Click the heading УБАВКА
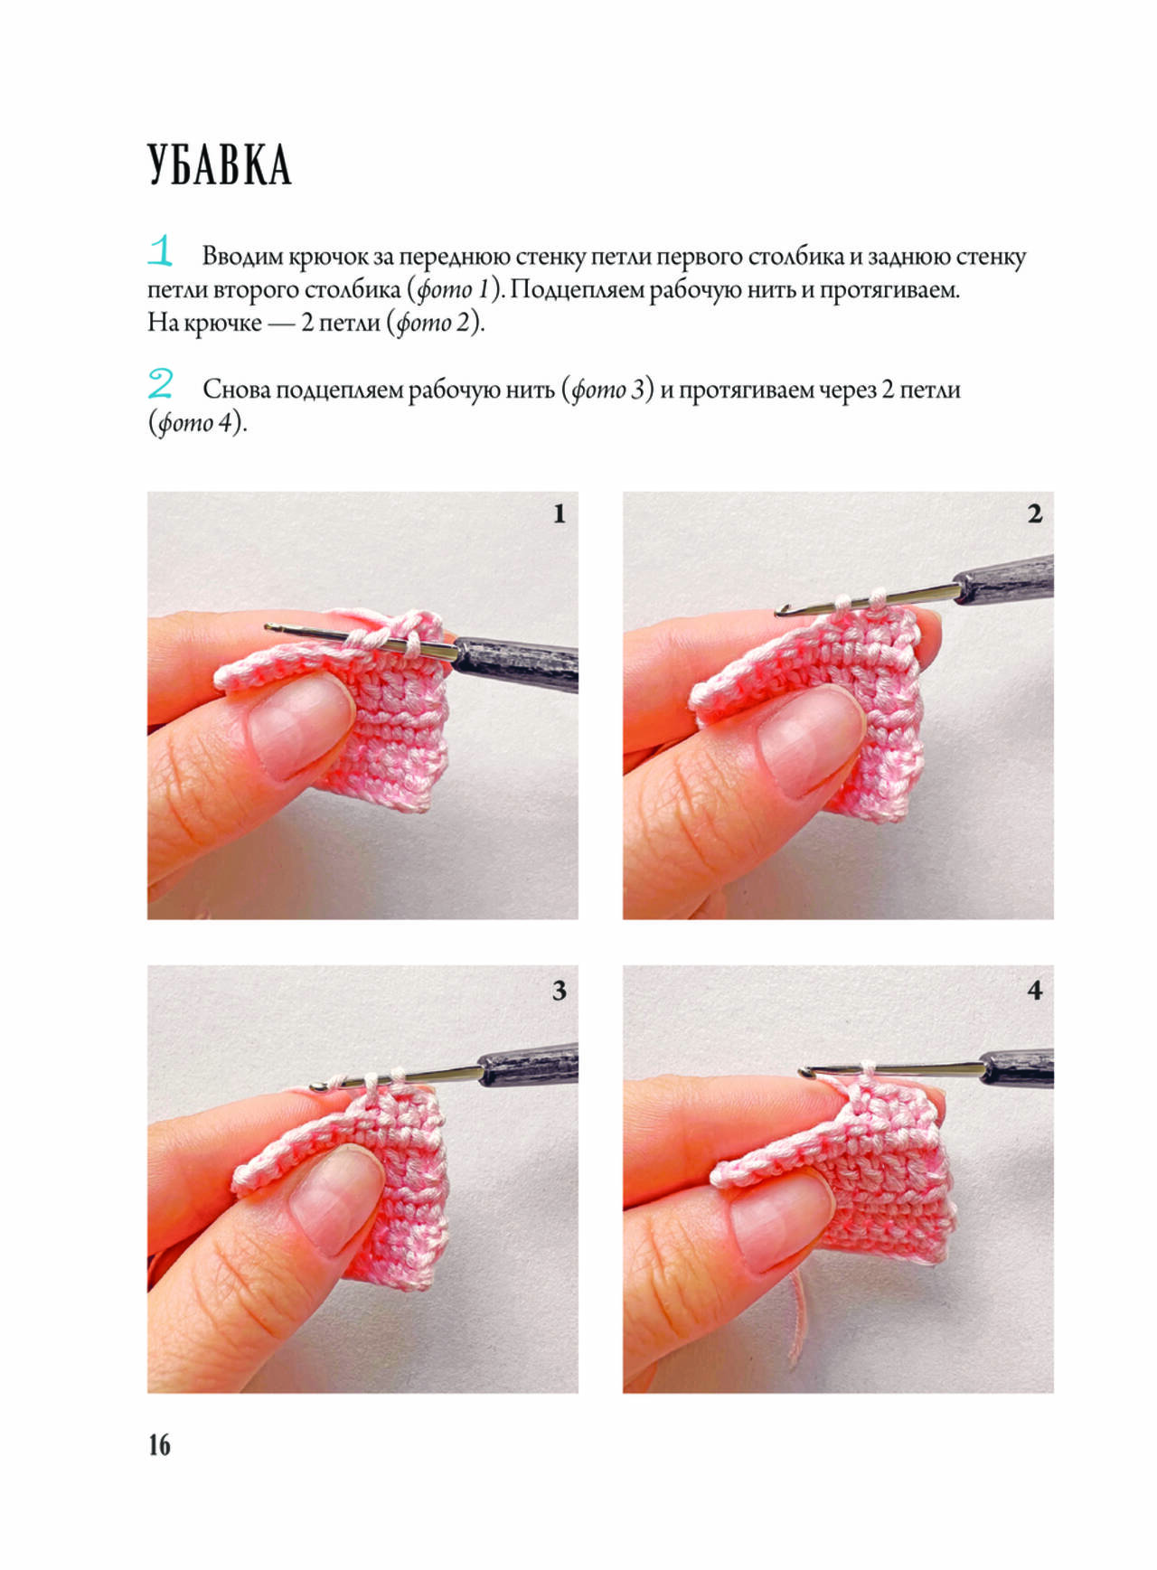click(x=220, y=165)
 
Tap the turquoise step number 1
click(x=160, y=250)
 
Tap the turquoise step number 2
click(x=160, y=383)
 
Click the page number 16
click(x=159, y=1444)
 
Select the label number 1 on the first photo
click(x=559, y=513)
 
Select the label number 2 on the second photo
click(x=1035, y=513)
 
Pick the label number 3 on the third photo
click(x=560, y=991)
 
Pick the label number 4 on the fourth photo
click(x=1035, y=991)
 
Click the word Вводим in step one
click(x=241, y=257)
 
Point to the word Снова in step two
click(x=236, y=390)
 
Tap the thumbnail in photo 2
click(x=811, y=741)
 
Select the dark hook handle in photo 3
click(x=530, y=1064)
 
